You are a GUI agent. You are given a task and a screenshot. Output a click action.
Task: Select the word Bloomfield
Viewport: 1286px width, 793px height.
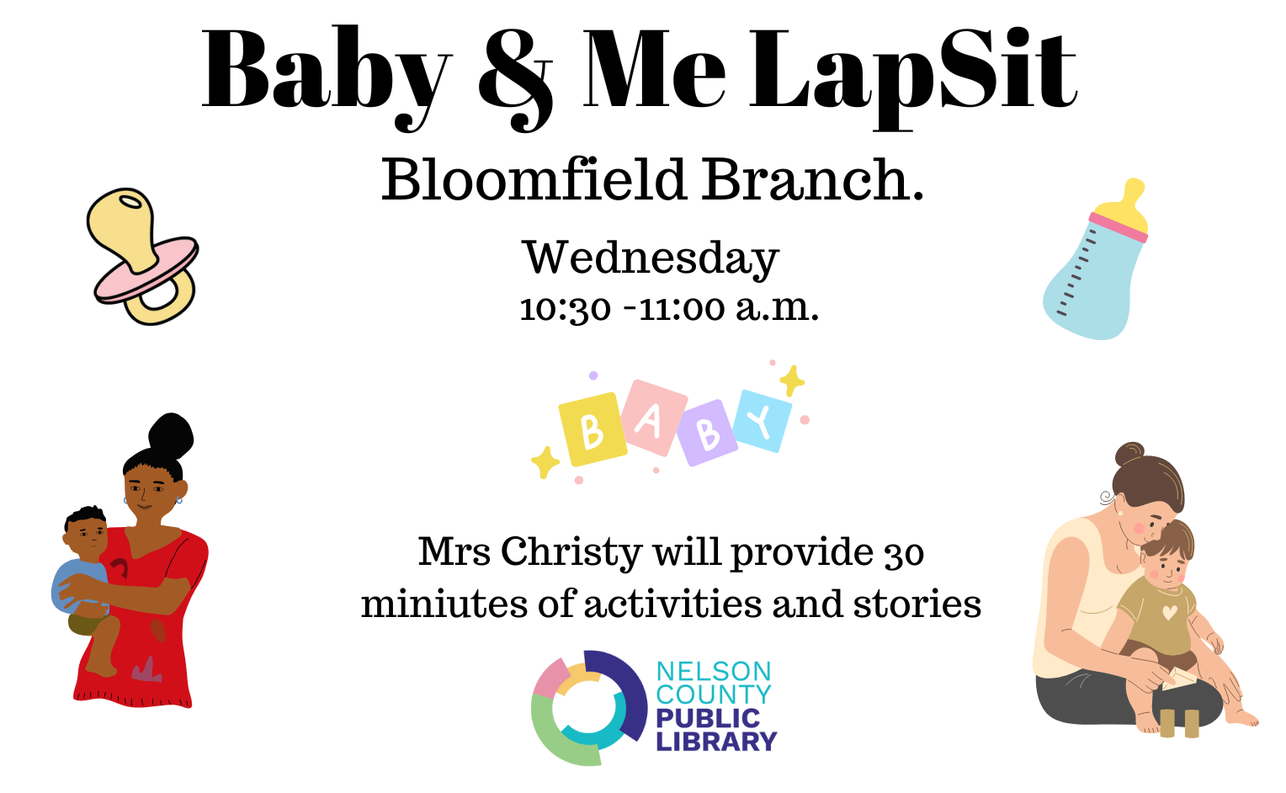[534, 179]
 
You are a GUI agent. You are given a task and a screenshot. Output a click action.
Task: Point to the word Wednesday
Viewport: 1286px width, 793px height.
[651, 259]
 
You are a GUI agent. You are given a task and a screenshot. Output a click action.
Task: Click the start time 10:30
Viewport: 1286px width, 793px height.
[565, 309]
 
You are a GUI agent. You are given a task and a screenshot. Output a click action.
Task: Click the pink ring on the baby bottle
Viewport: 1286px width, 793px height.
[1119, 227]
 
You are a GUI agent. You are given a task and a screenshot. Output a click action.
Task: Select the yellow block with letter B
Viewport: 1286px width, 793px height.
[593, 429]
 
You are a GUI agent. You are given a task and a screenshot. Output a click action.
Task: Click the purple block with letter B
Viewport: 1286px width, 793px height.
[707, 433]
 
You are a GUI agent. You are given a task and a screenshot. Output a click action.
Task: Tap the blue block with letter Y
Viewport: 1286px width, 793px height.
[763, 422]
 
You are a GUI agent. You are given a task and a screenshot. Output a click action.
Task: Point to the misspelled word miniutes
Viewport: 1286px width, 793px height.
[445, 604]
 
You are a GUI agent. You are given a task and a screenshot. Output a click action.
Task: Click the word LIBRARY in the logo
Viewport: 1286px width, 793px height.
[716, 742]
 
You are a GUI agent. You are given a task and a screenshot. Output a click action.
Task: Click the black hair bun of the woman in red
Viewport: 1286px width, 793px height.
[171, 435]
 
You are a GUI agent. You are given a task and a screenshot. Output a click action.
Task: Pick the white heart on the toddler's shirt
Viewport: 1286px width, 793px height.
[1170, 613]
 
